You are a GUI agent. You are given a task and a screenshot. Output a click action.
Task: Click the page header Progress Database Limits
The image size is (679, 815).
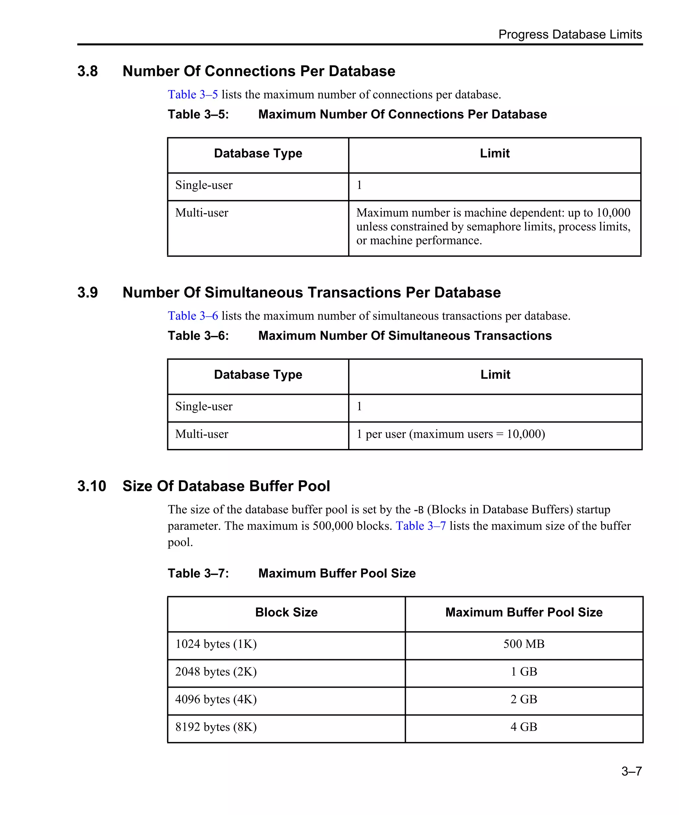(x=570, y=34)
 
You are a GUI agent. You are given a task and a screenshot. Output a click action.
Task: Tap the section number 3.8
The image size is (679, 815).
(x=87, y=71)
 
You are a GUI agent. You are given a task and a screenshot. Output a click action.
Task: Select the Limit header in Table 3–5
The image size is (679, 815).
(x=494, y=153)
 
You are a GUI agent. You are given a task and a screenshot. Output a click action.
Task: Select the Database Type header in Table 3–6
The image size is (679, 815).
(x=258, y=375)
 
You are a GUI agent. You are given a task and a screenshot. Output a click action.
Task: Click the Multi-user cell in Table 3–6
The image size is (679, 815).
(x=202, y=434)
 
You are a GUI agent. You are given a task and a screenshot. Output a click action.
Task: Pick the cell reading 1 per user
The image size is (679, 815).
(x=450, y=434)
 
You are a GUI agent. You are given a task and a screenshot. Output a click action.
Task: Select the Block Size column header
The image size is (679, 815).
(x=286, y=612)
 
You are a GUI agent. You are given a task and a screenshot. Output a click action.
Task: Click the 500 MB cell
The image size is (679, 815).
(x=524, y=644)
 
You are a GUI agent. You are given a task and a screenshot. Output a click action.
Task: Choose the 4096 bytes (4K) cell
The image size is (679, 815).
(x=216, y=699)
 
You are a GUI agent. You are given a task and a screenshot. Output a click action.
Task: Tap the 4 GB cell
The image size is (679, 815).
(x=524, y=726)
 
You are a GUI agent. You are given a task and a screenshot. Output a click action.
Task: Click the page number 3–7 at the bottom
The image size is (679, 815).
(x=631, y=771)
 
